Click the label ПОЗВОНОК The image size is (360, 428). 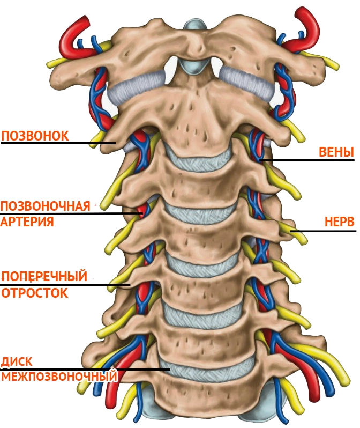point(35,136)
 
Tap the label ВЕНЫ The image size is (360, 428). point(336,152)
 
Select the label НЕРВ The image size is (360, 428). point(339,222)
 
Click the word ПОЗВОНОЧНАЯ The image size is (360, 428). point(46,206)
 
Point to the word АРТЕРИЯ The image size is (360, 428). point(27,222)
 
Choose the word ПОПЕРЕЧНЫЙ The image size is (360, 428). point(44,276)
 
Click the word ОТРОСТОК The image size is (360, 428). point(35,293)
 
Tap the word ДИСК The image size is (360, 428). point(17,362)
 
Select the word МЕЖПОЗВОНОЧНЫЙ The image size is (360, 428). point(59,377)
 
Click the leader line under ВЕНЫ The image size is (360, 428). point(307,160)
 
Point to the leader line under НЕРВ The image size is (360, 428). point(323,231)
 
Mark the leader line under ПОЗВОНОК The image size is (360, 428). point(58,143)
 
